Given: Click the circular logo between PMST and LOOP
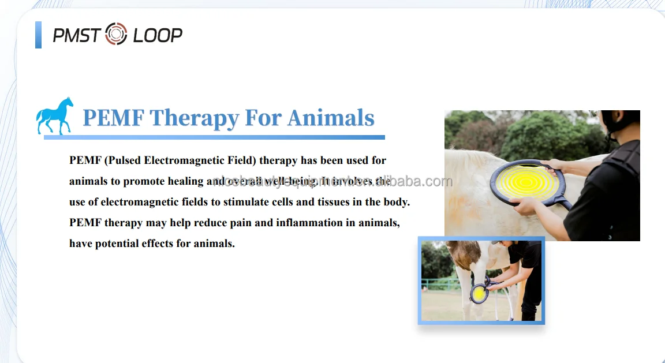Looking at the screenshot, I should (116, 35).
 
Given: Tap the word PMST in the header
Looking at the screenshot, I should (77, 35).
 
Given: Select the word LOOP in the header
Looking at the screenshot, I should (158, 35).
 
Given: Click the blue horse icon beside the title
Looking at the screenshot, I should (55, 116).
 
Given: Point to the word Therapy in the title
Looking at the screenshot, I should (194, 118).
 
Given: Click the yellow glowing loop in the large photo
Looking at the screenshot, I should (525, 182).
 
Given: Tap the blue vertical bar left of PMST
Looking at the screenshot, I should (38, 35).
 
